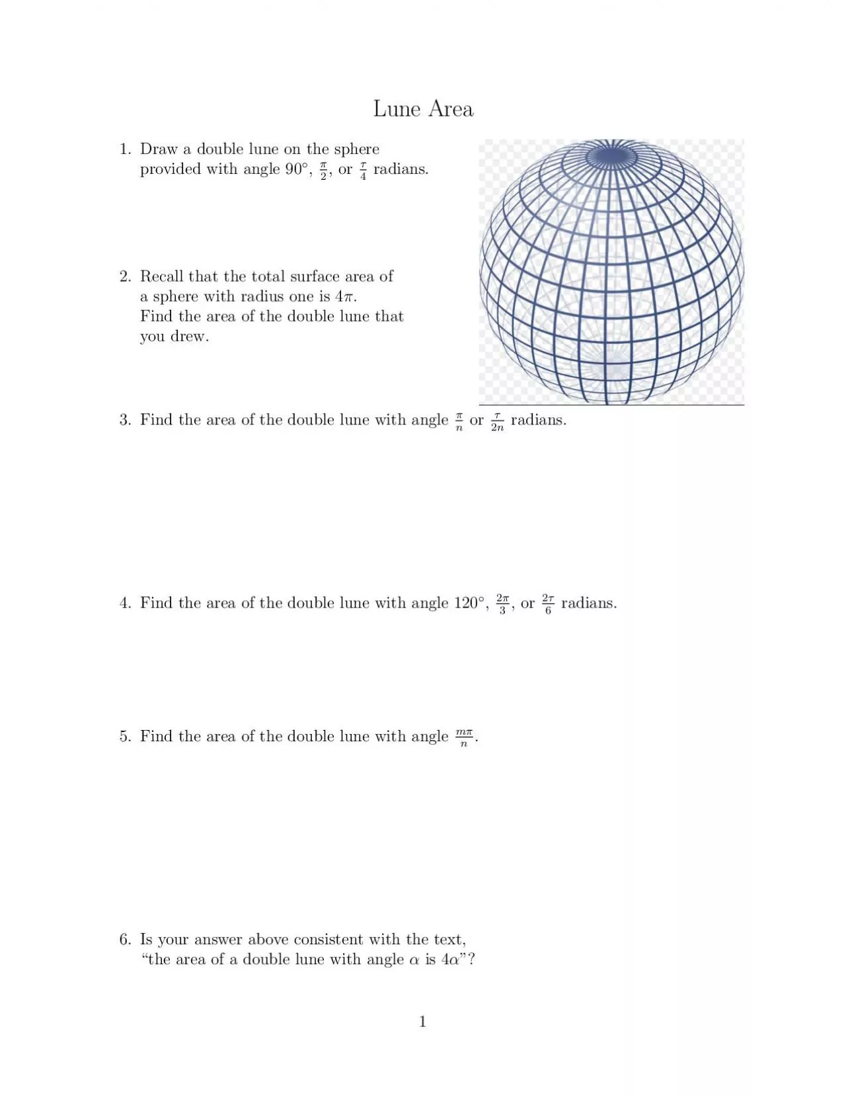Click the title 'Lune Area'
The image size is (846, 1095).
tap(423, 108)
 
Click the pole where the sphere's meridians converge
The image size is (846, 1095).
tap(611, 155)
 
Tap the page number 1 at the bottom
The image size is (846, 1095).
tap(423, 1022)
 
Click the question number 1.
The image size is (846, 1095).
tap(125, 149)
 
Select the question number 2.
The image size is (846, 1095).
tap(125, 276)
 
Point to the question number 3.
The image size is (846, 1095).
tap(125, 420)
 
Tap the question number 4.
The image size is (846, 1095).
tap(125, 603)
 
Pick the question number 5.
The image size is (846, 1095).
tap(125, 737)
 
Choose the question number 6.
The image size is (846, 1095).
tap(125, 940)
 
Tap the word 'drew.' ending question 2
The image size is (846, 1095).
tap(190, 336)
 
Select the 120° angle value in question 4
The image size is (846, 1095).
tap(471, 603)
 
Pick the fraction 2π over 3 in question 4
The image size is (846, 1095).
tap(503, 604)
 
